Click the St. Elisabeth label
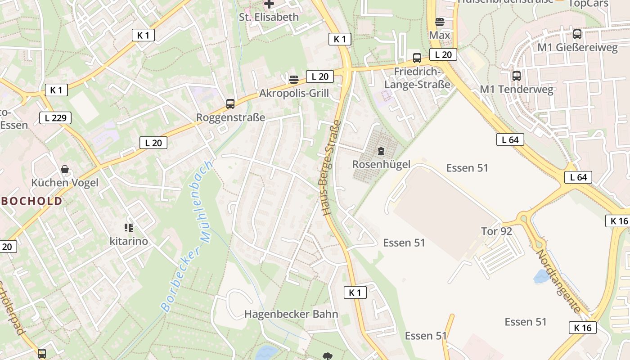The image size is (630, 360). (x=269, y=17)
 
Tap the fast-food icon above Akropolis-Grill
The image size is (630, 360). (x=294, y=80)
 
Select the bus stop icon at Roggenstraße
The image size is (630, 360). (x=230, y=104)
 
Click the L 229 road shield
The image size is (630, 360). (x=55, y=118)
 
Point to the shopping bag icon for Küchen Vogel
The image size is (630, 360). (x=65, y=170)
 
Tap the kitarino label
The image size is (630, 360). (x=129, y=241)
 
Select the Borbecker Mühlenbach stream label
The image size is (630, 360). (x=187, y=236)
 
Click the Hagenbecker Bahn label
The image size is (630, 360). (x=291, y=314)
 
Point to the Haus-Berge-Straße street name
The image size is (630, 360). (x=331, y=167)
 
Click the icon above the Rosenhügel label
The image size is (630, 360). (x=381, y=151)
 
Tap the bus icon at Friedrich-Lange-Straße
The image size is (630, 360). (x=417, y=58)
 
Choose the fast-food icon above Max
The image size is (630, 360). (x=440, y=22)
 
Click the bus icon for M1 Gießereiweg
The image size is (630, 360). (x=577, y=34)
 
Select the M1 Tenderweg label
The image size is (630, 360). (x=516, y=89)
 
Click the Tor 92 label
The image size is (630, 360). (x=497, y=231)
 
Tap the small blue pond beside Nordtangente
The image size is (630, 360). (x=541, y=276)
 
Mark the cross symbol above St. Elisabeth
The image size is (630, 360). (x=269, y=4)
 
